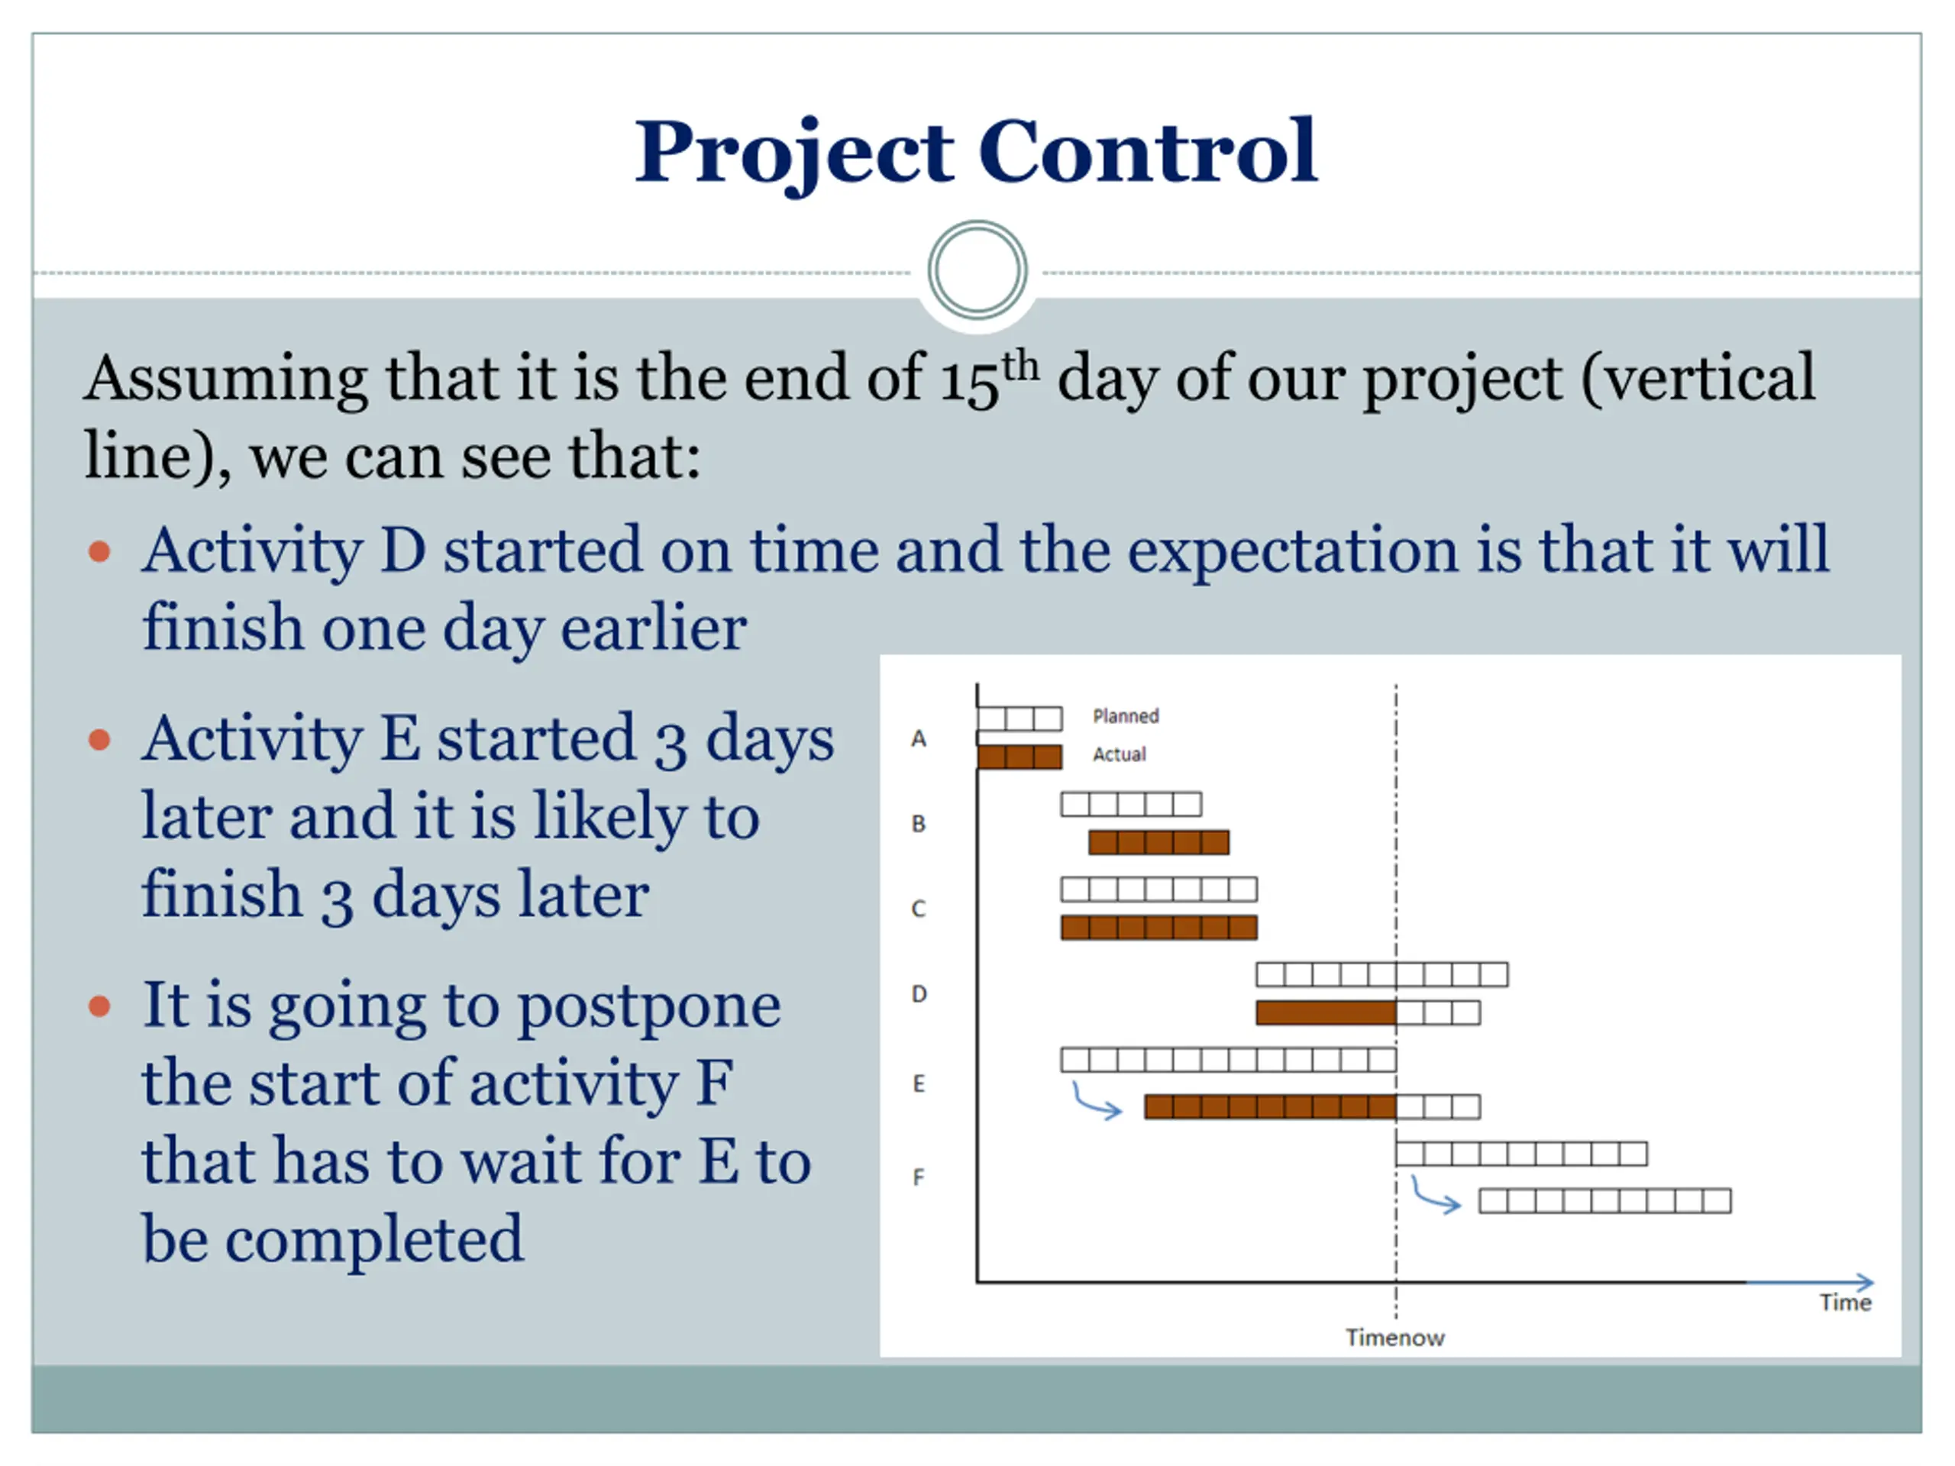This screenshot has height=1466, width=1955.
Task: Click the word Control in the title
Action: [x=1147, y=151]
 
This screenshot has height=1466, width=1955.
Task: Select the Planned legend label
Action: [x=1125, y=715]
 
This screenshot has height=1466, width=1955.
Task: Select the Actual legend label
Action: [x=1119, y=754]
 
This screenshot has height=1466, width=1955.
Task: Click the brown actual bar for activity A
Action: [x=1019, y=757]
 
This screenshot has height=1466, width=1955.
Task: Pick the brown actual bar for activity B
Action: [x=1158, y=842]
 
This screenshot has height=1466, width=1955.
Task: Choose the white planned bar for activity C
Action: [x=1158, y=889]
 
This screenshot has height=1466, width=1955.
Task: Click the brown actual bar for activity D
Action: [x=1326, y=1012]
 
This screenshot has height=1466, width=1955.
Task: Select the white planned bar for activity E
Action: [x=1229, y=1060]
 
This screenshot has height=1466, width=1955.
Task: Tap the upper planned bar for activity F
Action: [x=1521, y=1153]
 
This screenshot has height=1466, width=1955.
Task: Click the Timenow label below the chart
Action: [x=1395, y=1338]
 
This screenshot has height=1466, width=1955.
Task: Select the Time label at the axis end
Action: [x=1845, y=1303]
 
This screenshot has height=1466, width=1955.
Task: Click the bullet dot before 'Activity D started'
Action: [x=100, y=552]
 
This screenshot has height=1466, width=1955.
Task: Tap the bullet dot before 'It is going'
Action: [x=100, y=1006]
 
